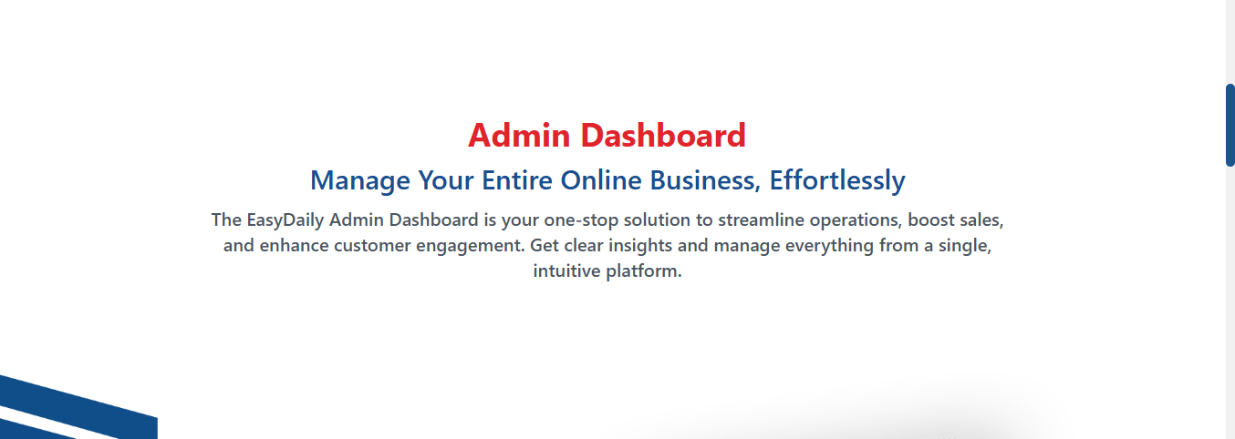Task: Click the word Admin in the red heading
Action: (519, 136)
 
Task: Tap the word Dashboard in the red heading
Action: (663, 136)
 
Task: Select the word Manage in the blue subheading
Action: (360, 180)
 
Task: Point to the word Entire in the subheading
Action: (517, 180)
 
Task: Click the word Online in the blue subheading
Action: (601, 180)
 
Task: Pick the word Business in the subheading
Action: (705, 180)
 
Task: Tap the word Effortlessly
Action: (837, 180)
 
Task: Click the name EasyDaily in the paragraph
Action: (285, 220)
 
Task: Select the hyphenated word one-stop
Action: (581, 220)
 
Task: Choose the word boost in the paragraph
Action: (931, 219)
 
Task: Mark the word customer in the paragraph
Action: (372, 246)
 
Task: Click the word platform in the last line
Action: (644, 271)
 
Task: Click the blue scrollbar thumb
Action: (1230, 125)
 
